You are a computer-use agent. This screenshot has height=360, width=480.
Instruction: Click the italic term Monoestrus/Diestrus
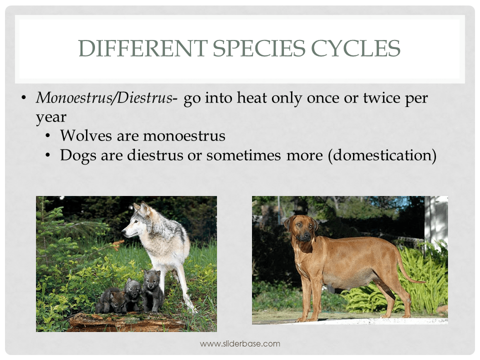pyautogui.click(x=104, y=98)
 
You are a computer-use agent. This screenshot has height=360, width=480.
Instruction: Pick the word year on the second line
pyautogui.click(x=50, y=117)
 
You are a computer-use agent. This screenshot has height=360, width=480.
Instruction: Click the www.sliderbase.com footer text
pyautogui.click(x=240, y=343)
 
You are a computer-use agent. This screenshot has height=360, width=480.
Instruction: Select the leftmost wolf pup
pyautogui.click(x=111, y=300)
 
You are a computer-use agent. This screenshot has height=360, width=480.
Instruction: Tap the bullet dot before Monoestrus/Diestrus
pyautogui.click(x=23, y=98)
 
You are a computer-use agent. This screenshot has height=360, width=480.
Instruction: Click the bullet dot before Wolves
pyautogui.click(x=48, y=136)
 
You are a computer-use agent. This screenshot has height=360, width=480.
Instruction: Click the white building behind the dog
pyautogui.click(x=436, y=220)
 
